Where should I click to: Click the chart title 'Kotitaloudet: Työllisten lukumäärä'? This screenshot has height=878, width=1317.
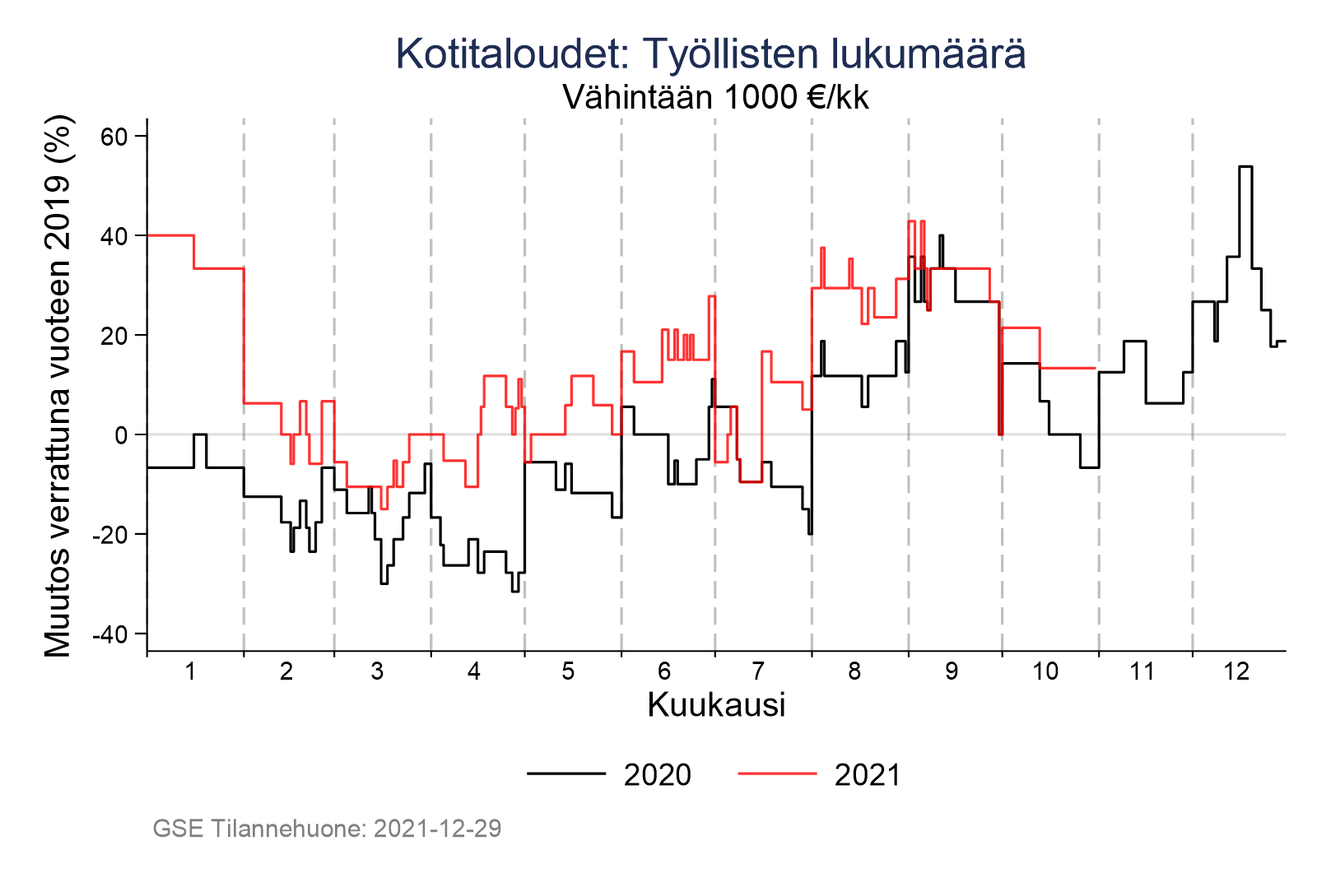(x=710, y=54)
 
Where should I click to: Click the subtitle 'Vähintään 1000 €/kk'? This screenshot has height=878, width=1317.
(x=715, y=98)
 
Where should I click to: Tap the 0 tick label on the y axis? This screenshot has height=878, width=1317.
(x=121, y=435)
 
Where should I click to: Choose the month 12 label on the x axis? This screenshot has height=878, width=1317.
(x=1236, y=672)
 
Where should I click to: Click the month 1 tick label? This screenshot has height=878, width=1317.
(x=190, y=672)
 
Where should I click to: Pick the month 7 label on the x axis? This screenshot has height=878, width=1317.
(x=758, y=672)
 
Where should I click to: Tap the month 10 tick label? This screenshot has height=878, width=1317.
(x=1045, y=672)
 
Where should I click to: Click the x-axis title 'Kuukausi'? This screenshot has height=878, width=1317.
(x=716, y=705)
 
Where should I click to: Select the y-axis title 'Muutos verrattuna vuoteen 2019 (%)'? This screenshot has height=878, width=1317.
(x=58, y=386)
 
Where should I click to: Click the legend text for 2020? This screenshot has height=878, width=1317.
(x=657, y=775)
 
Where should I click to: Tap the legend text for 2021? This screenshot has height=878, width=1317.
(x=868, y=775)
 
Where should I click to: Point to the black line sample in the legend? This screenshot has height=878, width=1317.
(x=566, y=773)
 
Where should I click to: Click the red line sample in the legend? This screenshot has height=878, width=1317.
(x=777, y=773)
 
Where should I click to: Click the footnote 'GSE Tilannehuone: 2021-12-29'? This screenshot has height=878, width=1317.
(x=327, y=829)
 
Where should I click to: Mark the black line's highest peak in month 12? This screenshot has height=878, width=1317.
(x=1245, y=167)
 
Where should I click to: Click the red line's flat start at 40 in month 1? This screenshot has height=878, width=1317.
(x=170, y=235)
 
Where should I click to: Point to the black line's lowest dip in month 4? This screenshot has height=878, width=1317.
(x=514, y=591)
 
